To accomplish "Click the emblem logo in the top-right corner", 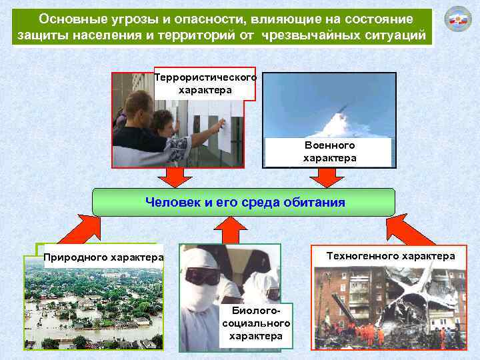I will click(457, 21).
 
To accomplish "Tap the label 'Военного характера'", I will click(329, 151).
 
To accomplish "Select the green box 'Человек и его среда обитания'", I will click(244, 202).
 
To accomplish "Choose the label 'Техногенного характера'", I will click(391, 256).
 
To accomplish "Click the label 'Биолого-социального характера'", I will click(256, 323).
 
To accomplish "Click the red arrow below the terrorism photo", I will click(175, 177).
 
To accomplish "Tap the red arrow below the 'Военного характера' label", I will click(327, 177).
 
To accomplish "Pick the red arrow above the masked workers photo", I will click(230, 230).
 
